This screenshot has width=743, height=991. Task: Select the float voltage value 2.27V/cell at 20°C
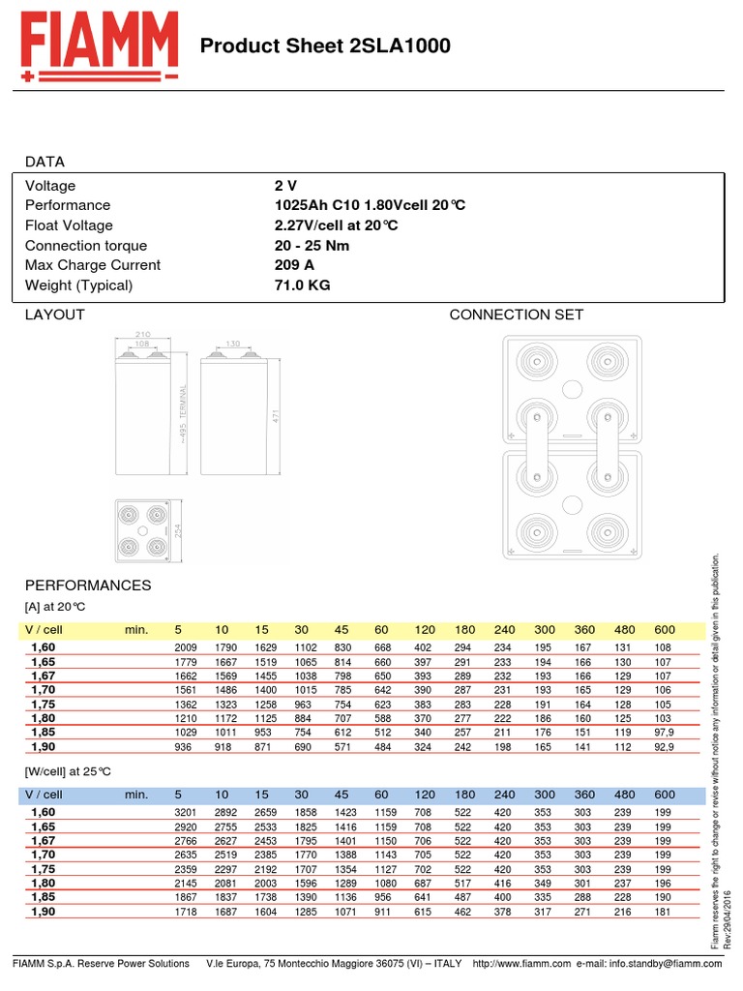tap(336, 225)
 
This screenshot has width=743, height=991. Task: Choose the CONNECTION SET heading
tap(517, 315)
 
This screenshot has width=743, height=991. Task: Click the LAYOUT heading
tap(54, 315)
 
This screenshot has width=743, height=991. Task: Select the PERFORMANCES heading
tap(88, 586)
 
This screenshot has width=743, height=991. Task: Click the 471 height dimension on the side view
tap(276, 415)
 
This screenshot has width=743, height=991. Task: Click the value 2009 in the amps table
tap(185, 647)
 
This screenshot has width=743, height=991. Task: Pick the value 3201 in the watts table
tap(185, 813)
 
